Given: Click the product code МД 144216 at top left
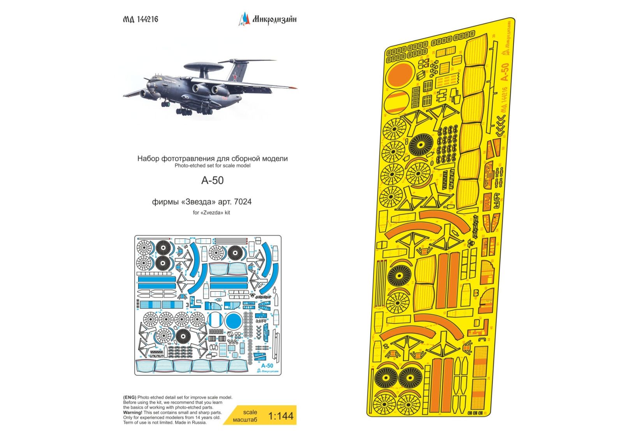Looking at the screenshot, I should [x=141, y=19].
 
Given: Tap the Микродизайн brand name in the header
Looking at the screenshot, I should [x=274, y=19].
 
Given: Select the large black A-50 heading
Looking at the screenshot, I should [x=212, y=181].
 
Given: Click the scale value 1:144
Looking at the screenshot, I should [x=281, y=416].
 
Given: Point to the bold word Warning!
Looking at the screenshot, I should [x=132, y=412].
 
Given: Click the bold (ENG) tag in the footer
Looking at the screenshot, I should [x=130, y=397].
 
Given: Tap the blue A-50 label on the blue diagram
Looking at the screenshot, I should [x=267, y=365].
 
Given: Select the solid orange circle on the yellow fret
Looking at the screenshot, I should [x=399, y=75].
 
